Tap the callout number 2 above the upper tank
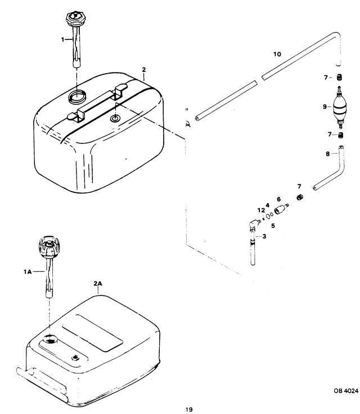click(143, 70)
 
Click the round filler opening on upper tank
click(77, 97)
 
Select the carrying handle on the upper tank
click(97, 103)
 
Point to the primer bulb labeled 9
click(339, 107)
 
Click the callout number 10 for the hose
click(277, 54)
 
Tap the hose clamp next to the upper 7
click(339, 78)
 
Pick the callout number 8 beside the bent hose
click(327, 154)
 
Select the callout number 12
click(261, 210)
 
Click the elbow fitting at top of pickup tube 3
click(254, 224)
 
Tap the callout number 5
click(273, 226)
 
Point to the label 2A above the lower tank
click(98, 283)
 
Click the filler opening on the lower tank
click(50, 339)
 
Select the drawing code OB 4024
click(346, 391)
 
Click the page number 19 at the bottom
click(189, 409)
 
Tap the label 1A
click(28, 272)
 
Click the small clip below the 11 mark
click(188, 124)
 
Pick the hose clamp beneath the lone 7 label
click(299, 197)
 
